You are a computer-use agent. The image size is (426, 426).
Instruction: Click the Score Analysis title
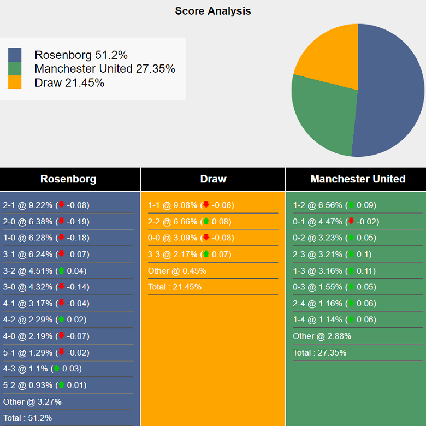pos(213,11)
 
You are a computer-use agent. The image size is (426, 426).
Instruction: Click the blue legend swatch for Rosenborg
pos(15,55)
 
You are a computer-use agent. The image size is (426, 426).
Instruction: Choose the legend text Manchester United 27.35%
pos(104,69)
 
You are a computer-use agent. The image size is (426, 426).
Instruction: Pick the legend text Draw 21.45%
pos(69,83)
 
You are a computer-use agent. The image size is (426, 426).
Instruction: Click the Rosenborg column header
pos(68,179)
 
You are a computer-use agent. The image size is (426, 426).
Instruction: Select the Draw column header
pos(213,179)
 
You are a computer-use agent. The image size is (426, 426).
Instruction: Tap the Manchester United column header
pos(358,179)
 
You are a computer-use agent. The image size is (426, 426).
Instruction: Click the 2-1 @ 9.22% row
pos(46,205)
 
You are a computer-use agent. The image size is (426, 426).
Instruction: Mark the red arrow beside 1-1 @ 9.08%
pos(206,205)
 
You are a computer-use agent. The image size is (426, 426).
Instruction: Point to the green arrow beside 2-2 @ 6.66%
pos(206,221)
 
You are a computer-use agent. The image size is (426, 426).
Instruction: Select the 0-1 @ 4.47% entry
pos(335,222)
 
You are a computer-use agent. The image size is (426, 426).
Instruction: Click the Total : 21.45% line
pos(174,287)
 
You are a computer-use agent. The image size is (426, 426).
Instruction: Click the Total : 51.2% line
pos(28,418)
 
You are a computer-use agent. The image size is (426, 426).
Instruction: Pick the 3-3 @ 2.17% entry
pos(189,255)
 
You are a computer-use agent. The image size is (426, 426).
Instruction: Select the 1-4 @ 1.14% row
pos(334,320)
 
